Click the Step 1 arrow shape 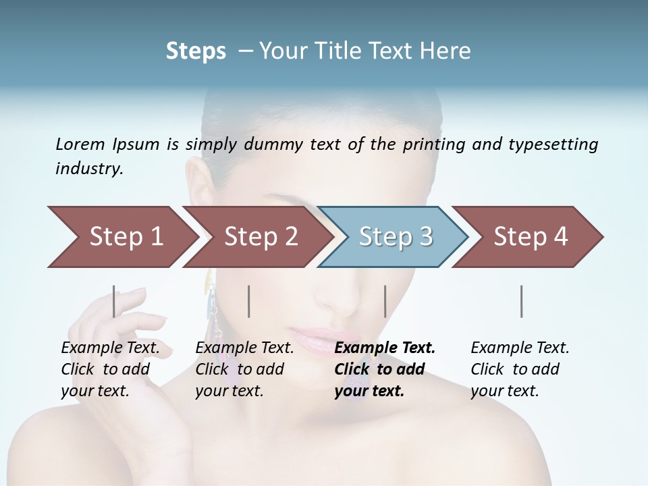[x=122, y=237]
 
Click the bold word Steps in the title [x=196, y=51]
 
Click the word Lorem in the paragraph [x=80, y=144]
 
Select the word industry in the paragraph [x=88, y=169]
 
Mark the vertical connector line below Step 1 [x=113, y=301]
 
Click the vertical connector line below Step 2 [x=249, y=301]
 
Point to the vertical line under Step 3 [x=385, y=301]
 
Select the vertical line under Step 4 [x=522, y=301]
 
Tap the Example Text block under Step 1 [x=109, y=369]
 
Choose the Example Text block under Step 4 [x=519, y=369]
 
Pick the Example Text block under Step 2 [x=244, y=369]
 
